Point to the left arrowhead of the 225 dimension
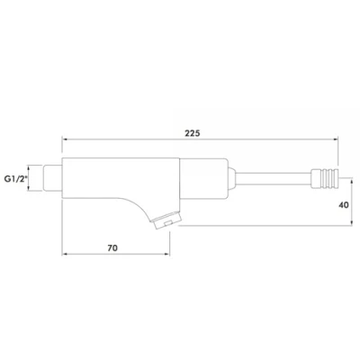(x=65, y=139)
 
